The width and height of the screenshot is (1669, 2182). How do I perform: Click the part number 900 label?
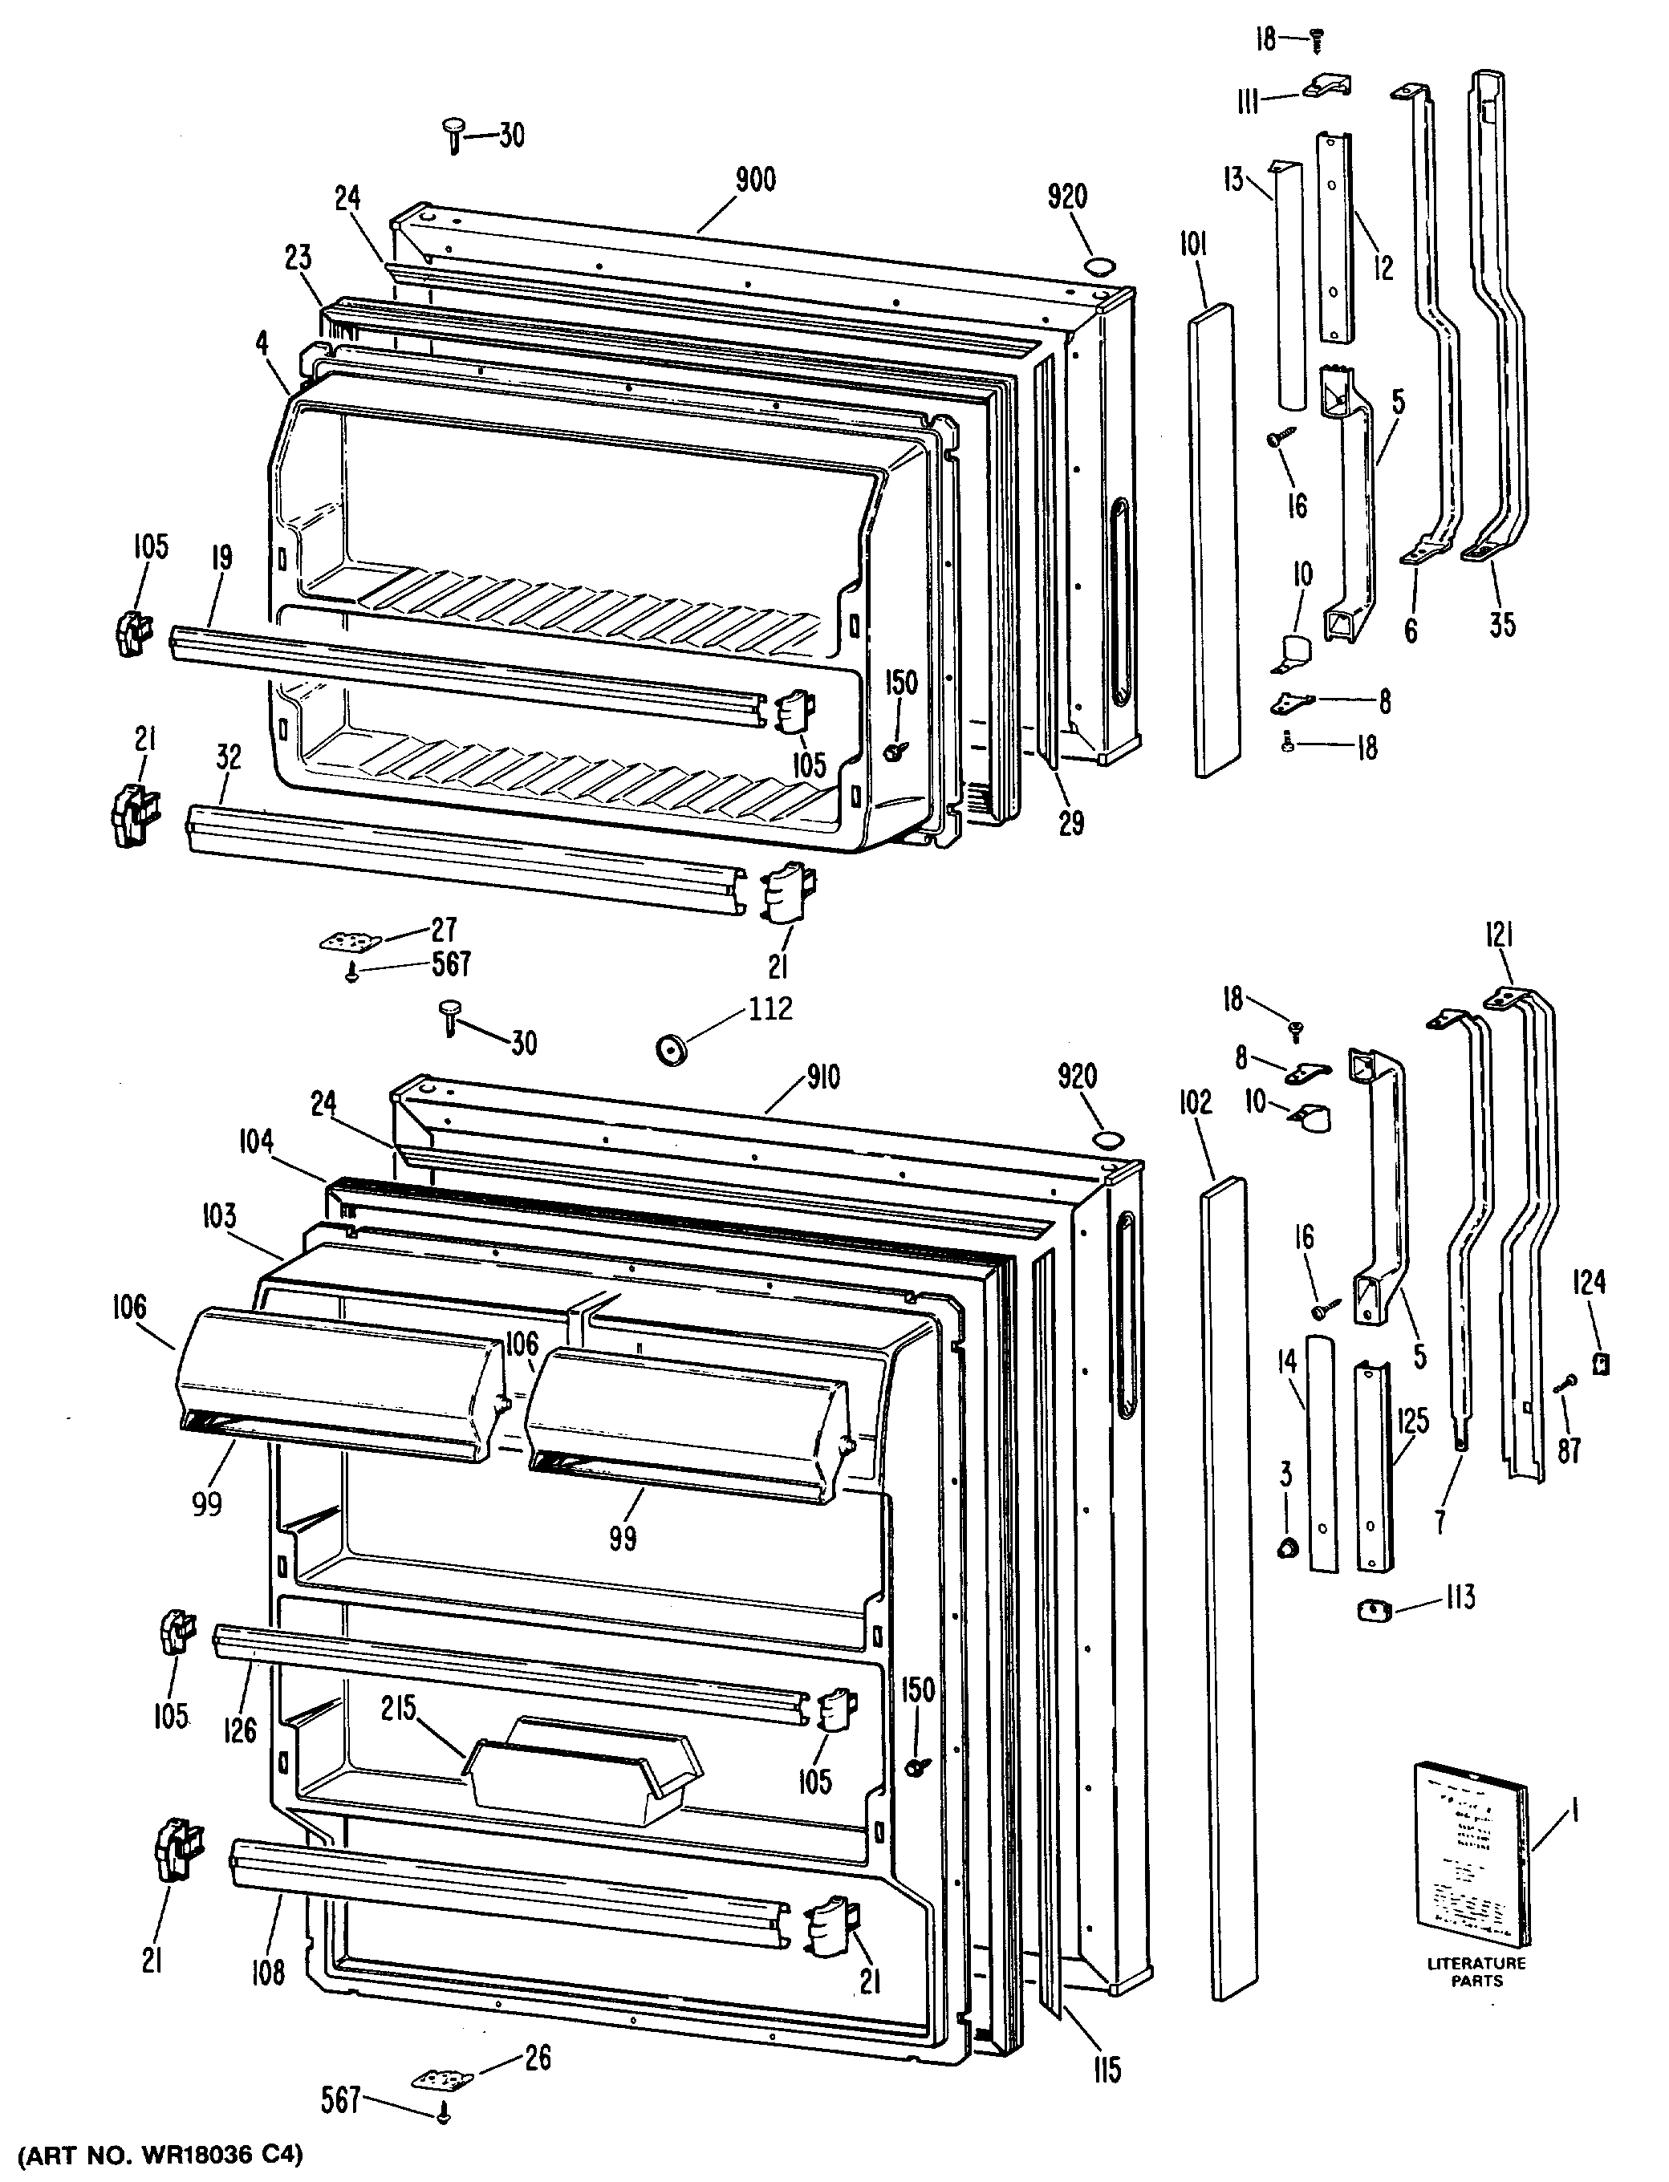pyautogui.click(x=755, y=180)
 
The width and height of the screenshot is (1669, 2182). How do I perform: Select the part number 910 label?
pyautogui.click(x=823, y=1077)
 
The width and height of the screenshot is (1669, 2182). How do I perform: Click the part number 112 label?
pyautogui.click(x=770, y=1010)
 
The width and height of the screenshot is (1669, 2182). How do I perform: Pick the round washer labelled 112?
pyautogui.click(x=672, y=1048)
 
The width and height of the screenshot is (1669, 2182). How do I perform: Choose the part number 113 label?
pyautogui.click(x=1460, y=1598)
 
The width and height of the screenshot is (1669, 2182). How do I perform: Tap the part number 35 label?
pyautogui.click(x=1502, y=625)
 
